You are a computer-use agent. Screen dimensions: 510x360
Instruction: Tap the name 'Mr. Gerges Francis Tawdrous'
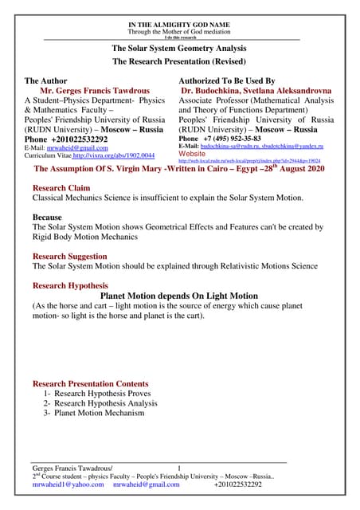tap(92, 92)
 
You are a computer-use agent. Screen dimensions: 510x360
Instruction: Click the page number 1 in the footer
tap(180, 467)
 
